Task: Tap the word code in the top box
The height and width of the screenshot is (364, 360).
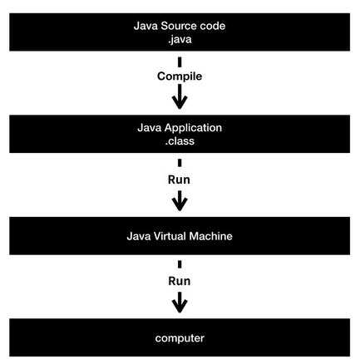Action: (213, 26)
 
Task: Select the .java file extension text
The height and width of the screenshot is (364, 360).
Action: (180, 39)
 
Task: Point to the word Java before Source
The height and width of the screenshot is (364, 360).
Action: (145, 26)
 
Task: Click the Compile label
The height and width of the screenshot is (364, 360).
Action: (180, 76)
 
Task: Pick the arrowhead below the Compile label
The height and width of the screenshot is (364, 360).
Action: (180, 101)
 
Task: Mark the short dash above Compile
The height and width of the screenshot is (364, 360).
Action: (180, 62)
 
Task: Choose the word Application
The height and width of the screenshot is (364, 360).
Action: (193, 128)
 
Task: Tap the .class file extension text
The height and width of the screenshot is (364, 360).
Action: (180, 141)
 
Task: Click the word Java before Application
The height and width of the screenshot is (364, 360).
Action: (150, 128)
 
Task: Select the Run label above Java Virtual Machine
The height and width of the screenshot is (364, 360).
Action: (179, 180)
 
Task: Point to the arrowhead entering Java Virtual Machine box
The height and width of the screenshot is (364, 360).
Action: (180, 204)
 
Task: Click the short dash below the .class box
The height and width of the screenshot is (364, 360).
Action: (180, 163)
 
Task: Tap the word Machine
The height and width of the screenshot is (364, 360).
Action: (210, 236)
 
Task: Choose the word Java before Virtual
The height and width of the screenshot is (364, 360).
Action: (139, 236)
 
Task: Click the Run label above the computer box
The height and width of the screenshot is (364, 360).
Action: (180, 281)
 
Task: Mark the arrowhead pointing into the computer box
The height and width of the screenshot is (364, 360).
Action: (180, 306)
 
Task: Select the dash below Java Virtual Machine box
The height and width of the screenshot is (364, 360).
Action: (180, 264)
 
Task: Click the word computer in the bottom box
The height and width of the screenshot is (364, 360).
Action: (180, 338)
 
